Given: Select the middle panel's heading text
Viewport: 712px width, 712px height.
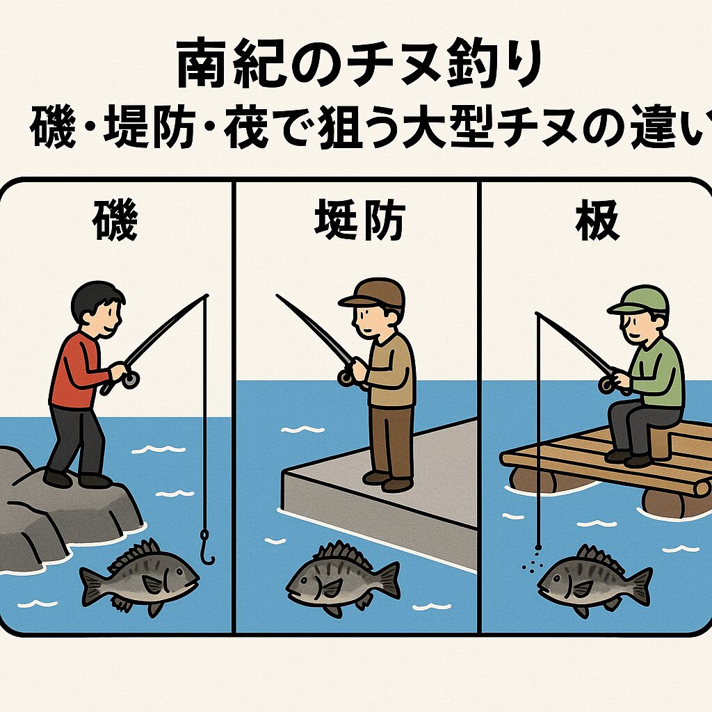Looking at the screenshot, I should [359, 221].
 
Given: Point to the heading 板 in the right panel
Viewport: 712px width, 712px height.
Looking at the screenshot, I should [597, 220].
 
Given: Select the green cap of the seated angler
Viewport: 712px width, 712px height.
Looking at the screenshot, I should [639, 300].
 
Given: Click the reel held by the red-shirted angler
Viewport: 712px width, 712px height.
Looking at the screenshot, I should [130, 379].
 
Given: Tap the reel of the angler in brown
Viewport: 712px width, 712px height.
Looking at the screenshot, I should [346, 378].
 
